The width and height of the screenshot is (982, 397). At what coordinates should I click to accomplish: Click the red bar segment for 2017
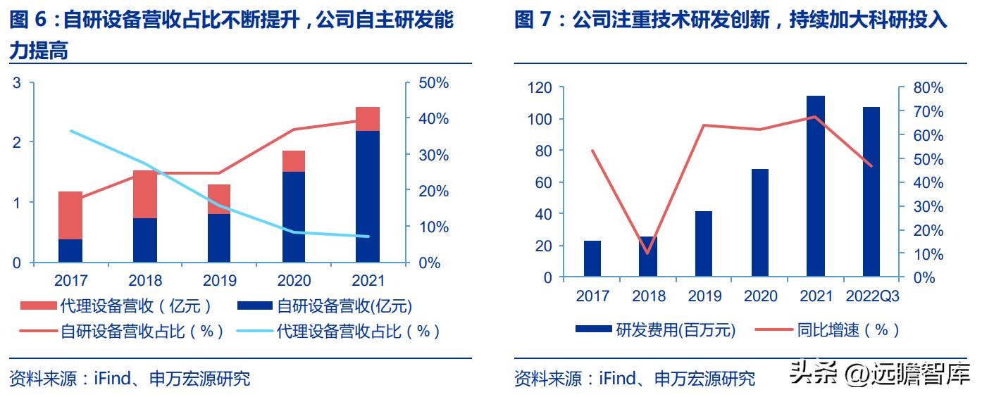[70, 215]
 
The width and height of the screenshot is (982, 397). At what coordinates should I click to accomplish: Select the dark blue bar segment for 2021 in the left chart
[368, 196]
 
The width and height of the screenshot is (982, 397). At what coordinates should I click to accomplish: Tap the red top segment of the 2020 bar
[294, 161]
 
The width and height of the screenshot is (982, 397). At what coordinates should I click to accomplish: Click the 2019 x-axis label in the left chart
[220, 281]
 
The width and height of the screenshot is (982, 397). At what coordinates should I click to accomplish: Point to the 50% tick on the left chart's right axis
[433, 83]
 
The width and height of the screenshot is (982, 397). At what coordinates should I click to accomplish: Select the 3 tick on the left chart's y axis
[18, 83]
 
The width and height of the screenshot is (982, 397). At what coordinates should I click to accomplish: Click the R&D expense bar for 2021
[816, 186]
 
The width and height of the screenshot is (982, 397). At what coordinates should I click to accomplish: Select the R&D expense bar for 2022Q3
[871, 191]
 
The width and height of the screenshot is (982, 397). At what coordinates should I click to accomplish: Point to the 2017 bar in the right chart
[592, 258]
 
